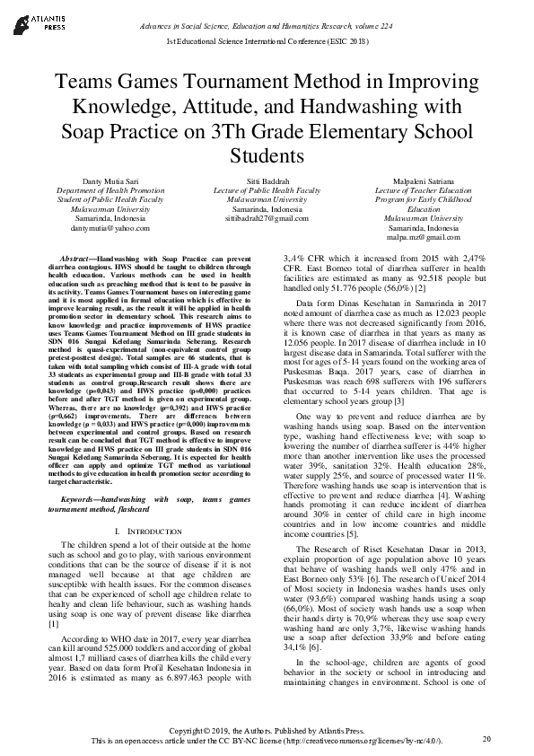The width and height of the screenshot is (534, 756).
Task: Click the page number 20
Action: (x=486, y=738)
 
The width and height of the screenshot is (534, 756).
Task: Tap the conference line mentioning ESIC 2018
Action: (x=267, y=42)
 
